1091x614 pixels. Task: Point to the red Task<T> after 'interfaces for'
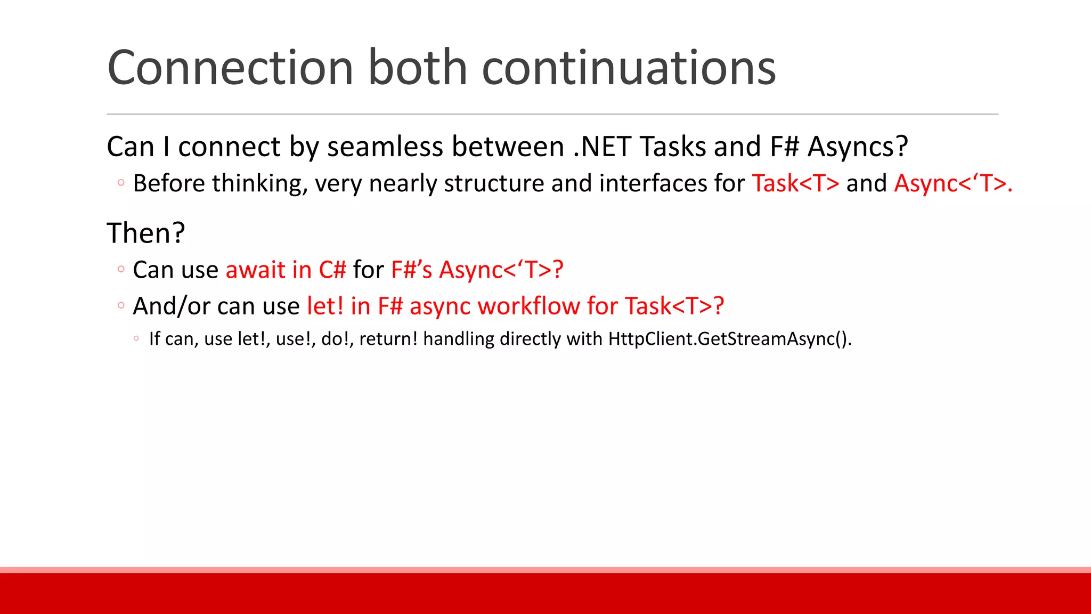tap(795, 183)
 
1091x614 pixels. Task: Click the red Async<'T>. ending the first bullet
tap(952, 183)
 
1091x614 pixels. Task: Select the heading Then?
tap(145, 233)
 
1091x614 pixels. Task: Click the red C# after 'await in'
tap(332, 270)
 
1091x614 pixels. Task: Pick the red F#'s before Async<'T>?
tap(411, 270)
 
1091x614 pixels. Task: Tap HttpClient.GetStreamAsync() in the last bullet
tap(729, 339)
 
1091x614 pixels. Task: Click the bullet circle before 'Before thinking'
tap(121, 183)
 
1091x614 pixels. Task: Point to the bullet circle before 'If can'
tap(136, 338)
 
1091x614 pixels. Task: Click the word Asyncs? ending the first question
tap(857, 147)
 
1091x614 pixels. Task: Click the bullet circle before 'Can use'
tap(121, 269)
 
